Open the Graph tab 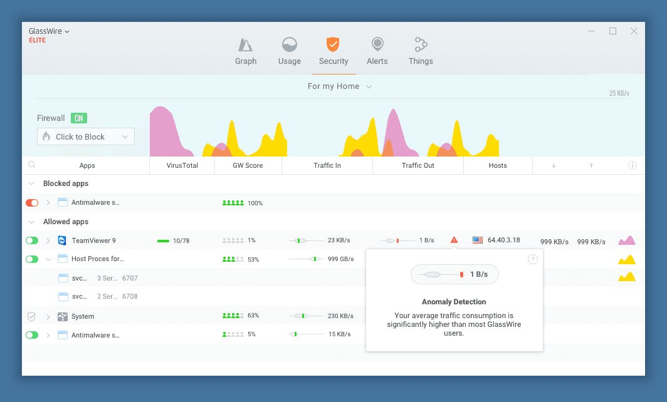246,51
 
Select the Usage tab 289,51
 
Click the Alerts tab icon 377,44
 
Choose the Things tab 421,51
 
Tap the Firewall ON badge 79,118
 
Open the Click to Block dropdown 85,137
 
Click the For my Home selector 340,86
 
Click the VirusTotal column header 182,165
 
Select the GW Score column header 248,165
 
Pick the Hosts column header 498,165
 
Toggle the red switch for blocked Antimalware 32,203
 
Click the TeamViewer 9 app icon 62,240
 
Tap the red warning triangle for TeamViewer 454,240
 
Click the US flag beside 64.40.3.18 478,240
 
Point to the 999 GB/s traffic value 341,259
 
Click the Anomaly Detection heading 454,302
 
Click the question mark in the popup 533,259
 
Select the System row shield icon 31,316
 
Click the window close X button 634,31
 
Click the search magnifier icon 31,165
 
